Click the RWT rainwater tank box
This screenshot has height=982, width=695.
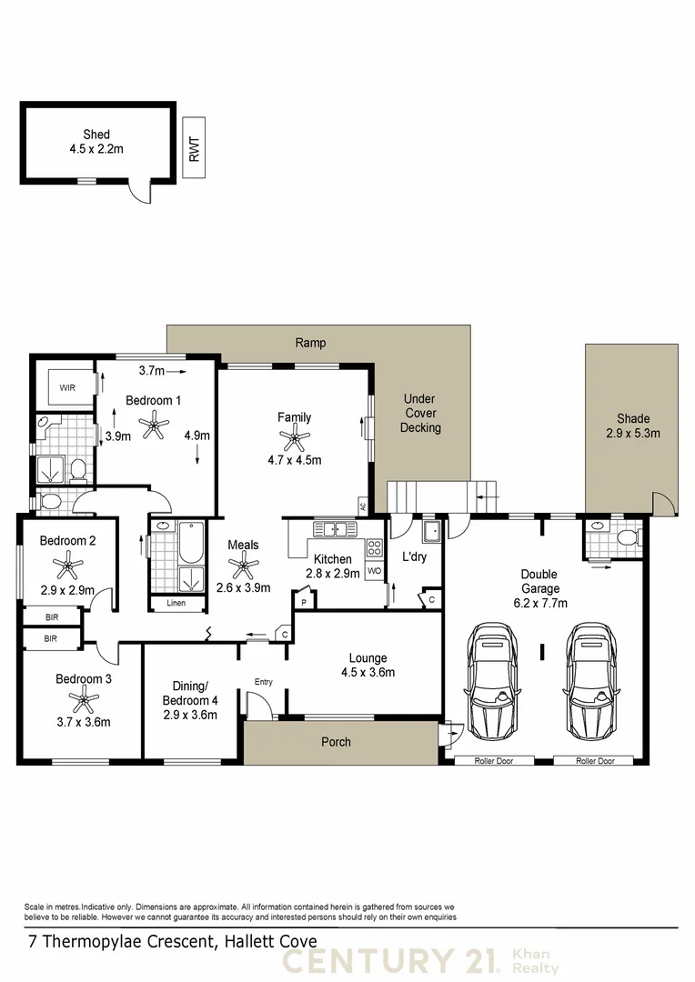click(x=193, y=147)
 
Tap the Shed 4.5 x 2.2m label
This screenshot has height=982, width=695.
click(x=96, y=143)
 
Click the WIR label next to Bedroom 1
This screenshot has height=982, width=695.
click(x=67, y=388)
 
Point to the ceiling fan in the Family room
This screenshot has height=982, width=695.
click(x=294, y=440)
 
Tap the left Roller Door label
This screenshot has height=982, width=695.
click(x=492, y=760)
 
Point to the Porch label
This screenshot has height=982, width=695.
click(x=337, y=742)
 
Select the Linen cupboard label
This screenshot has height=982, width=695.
click(x=176, y=603)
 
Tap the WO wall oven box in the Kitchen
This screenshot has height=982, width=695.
click(x=374, y=571)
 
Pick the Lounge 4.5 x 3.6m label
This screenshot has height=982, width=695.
click(x=368, y=666)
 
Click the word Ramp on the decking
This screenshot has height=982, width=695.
click(x=310, y=343)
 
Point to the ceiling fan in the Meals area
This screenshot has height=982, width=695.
click(x=242, y=566)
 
